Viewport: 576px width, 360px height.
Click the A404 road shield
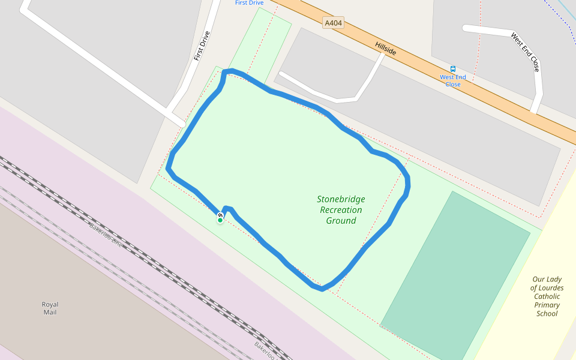(333, 23)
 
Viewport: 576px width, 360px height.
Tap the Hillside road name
(386, 49)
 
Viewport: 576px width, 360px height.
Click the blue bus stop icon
(453, 69)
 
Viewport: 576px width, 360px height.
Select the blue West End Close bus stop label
(453, 81)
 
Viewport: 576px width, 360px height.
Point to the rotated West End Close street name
(526, 52)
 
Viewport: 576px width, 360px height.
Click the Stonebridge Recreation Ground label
(341, 210)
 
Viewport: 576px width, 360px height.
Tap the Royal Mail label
(50, 308)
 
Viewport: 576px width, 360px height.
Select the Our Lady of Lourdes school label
(547, 296)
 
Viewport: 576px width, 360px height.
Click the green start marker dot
(220, 221)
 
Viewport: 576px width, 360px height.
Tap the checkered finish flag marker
(221, 215)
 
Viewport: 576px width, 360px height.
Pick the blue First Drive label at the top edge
(249, 3)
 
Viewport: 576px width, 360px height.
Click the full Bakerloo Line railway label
(106, 236)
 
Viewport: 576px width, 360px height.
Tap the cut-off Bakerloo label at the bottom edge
(265, 351)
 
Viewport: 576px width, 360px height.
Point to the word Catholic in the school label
(547, 296)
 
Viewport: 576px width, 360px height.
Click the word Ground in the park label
(341, 221)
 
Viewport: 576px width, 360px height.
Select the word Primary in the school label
(547, 305)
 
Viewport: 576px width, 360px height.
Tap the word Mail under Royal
(50, 313)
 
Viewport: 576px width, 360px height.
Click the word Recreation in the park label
(341, 210)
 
